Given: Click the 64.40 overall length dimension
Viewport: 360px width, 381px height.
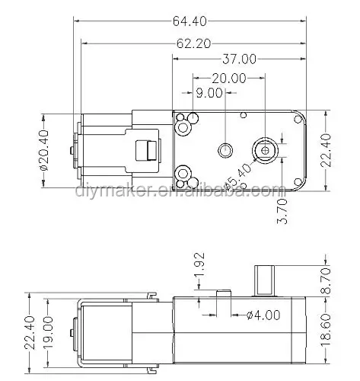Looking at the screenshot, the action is pos(190,21).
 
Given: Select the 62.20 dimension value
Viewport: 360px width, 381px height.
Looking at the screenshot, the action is pos(193,44).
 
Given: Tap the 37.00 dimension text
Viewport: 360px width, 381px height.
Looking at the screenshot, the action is pos(239,59).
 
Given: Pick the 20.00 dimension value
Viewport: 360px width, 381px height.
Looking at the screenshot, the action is pos(229,78).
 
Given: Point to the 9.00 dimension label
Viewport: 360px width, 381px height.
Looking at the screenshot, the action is pos(209,93).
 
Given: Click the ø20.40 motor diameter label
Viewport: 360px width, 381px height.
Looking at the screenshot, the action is pos(43,150).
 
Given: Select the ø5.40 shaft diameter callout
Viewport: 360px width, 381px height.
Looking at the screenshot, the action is pos(239,176).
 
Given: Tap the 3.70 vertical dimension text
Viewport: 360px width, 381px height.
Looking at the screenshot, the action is pos(282,211).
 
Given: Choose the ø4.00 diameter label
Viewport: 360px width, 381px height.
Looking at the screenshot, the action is pos(263,315).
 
